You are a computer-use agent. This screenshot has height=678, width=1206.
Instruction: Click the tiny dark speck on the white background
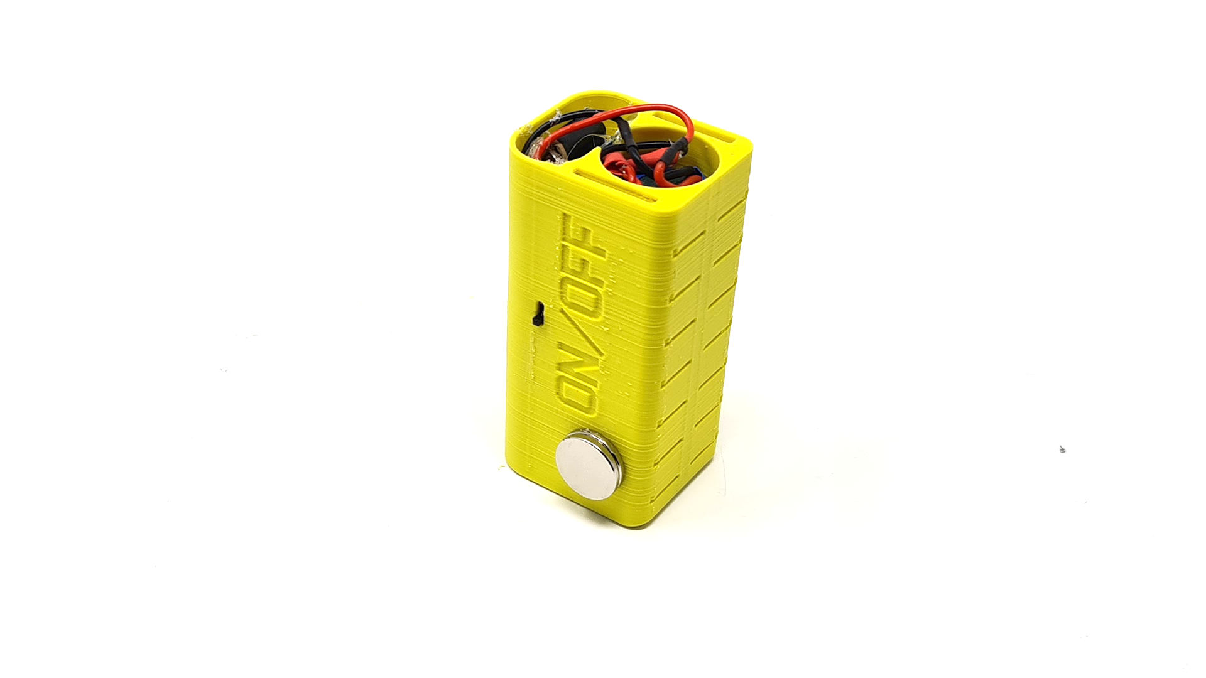[x=1062, y=449]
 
